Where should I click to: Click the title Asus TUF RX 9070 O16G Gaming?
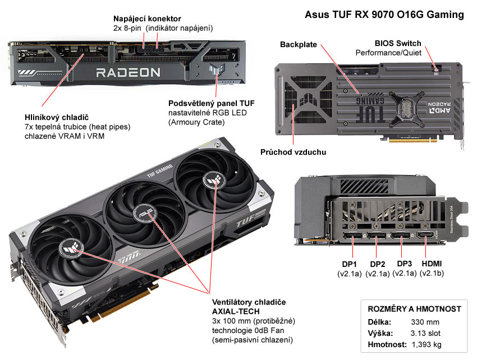(x=384, y=14)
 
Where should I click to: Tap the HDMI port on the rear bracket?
(x=425, y=235)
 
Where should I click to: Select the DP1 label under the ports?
(x=349, y=264)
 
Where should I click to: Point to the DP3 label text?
(x=404, y=264)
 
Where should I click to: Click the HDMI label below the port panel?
(x=432, y=264)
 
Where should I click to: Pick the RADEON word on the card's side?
(x=128, y=73)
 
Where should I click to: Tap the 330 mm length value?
(x=425, y=322)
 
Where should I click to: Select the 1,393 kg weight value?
(x=426, y=344)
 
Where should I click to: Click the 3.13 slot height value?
(x=425, y=333)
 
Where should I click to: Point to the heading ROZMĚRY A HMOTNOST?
(x=414, y=309)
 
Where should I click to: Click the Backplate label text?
(x=299, y=44)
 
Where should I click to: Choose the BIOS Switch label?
(x=398, y=43)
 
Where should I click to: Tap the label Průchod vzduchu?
(x=293, y=152)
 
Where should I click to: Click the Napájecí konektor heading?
(x=147, y=19)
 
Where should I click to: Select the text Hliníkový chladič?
(x=57, y=117)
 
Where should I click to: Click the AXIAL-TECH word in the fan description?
(x=236, y=311)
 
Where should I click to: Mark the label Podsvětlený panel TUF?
(x=212, y=103)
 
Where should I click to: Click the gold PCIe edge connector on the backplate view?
(x=413, y=139)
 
